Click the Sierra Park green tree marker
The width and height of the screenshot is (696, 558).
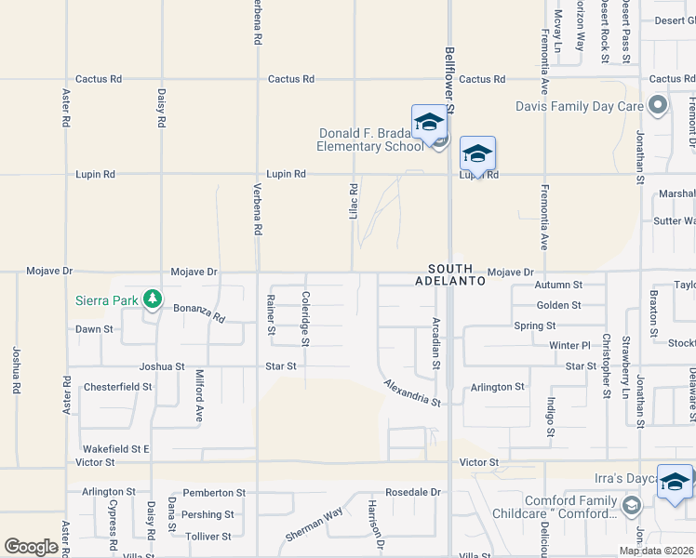(153, 299)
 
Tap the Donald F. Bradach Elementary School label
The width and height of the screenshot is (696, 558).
(369, 139)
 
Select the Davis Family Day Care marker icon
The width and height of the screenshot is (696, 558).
(658, 105)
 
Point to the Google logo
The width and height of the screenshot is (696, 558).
(31, 547)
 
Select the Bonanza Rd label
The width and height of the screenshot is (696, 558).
(199, 312)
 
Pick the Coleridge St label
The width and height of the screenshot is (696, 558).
(305, 317)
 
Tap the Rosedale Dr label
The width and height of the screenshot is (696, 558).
(411, 492)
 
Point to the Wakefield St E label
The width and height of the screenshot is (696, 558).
(115, 448)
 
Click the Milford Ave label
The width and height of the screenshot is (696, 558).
(199, 396)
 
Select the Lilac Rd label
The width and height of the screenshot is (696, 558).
(354, 200)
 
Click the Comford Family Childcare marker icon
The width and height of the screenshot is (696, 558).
(632, 506)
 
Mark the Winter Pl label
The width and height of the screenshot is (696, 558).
(569, 346)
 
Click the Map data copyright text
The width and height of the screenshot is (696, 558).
(656, 551)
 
